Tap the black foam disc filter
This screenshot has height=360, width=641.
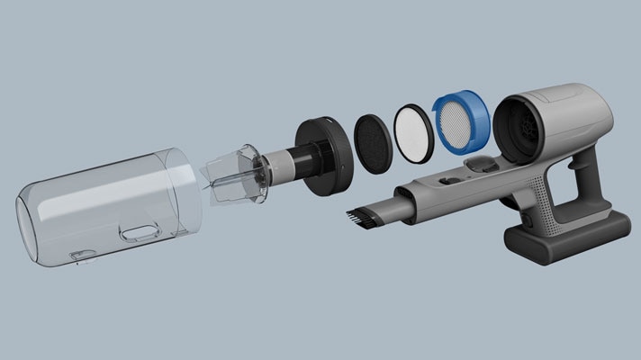(x=371, y=140)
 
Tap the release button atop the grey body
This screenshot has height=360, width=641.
(x=483, y=164)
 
